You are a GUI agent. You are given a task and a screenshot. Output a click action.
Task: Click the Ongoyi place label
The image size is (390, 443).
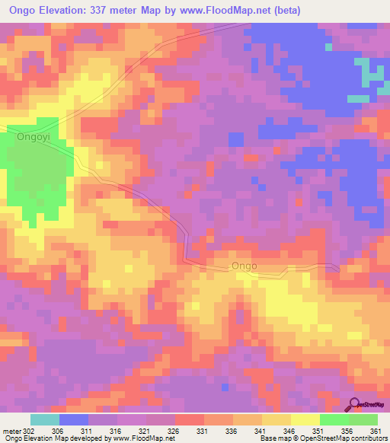pos(33,138)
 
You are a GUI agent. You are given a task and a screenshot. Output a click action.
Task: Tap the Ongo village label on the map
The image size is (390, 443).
pos(244,266)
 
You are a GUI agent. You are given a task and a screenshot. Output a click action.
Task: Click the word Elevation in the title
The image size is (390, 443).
pos(69,11)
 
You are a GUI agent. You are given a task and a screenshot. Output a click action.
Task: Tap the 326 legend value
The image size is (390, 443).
pos(175,431)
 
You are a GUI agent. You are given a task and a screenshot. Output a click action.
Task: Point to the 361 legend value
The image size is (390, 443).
pos(376,431)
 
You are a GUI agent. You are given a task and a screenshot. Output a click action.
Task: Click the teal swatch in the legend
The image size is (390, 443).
pos(45,419)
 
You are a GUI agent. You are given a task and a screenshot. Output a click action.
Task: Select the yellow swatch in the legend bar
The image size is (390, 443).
pos(305,419)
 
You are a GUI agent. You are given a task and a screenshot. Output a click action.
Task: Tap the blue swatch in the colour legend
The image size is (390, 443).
pos(74,419)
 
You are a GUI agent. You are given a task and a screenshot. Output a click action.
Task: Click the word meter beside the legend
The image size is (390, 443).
pos(11,431)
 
